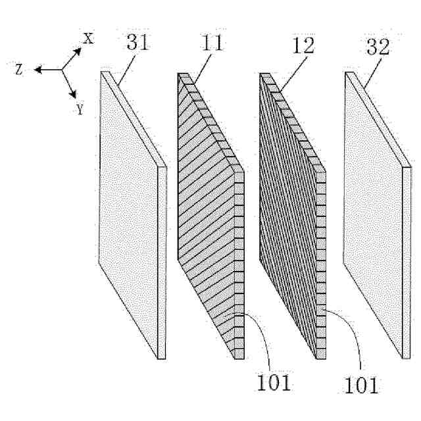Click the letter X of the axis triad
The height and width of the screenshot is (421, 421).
pyautogui.click(x=88, y=39)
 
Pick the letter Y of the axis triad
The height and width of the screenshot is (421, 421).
pyautogui.click(x=80, y=109)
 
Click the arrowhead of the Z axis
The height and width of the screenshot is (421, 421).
pyautogui.click(x=38, y=69)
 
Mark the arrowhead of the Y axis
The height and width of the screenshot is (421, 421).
pyautogui.click(x=75, y=96)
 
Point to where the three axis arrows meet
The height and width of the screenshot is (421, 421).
pyautogui.click(x=63, y=69)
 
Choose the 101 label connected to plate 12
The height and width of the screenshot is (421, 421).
pyautogui.click(x=360, y=380)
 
